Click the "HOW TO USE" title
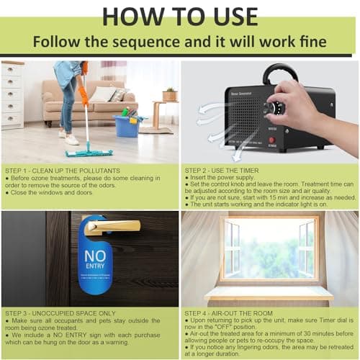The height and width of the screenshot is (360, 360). tap(180, 17)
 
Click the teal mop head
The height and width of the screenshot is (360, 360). tap(89, 153)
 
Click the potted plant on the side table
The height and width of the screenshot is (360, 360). tap(170, 94)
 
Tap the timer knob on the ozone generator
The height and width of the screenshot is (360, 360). tap(270, 109)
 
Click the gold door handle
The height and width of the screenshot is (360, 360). tap(112, 228)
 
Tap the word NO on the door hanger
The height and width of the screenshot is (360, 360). tap(94, 258)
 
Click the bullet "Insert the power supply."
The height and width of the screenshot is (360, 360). tap(220, 178)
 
